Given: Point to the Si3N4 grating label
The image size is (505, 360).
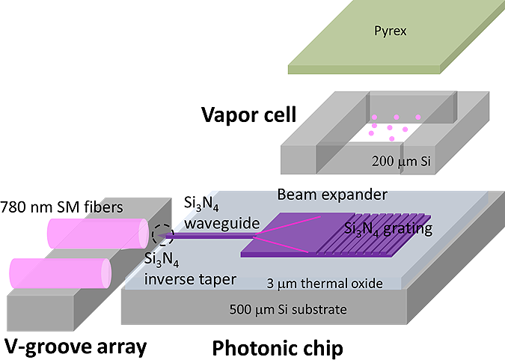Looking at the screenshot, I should tap(388, 228).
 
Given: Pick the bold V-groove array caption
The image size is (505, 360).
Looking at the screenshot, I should tap(76, 347).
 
